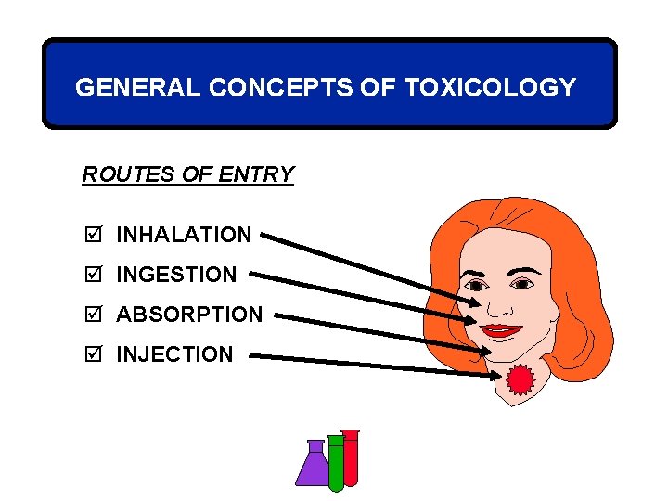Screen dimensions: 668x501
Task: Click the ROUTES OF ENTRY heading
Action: click(x=188, y=174)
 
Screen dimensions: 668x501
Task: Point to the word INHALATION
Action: click(x=184, y=236)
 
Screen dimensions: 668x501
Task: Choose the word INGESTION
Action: click(x=176, y=275)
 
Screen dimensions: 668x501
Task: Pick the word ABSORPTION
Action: click(x=189, y=315)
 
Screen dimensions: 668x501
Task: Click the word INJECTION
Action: click(x=174, y=354)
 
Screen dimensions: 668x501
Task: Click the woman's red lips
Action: click(x=502, y=329)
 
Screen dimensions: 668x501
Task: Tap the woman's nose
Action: click(x=498, y=304)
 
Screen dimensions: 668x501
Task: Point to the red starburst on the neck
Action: click(x=520, y=379)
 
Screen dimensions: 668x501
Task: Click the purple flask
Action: click(x=313, y=466)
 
